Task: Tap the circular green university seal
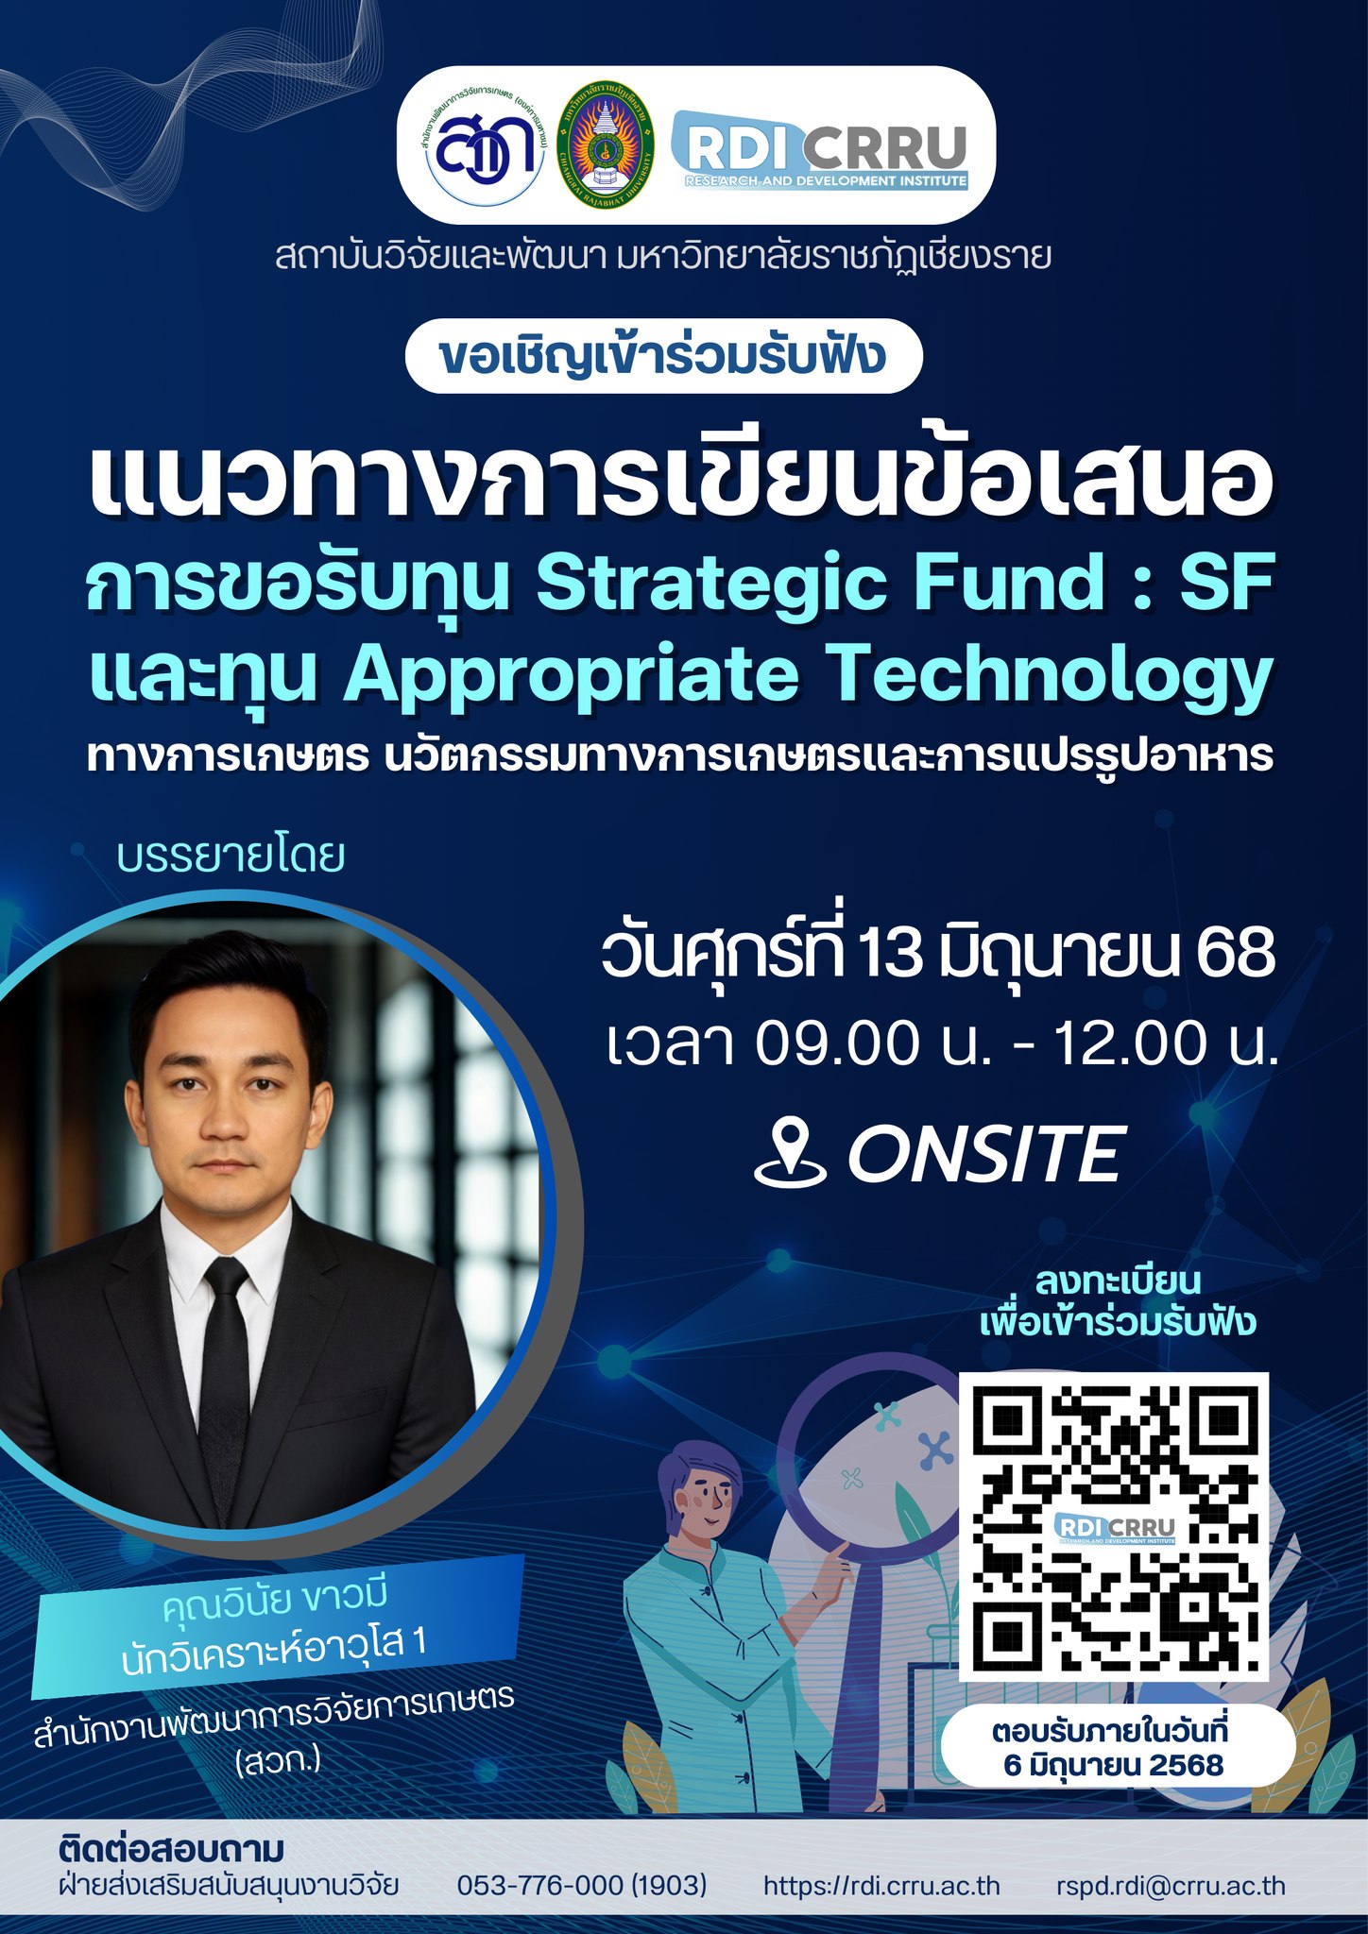pyautogui.click(x=606, y=144)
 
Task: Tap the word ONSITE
pyautogui.click(x=984, y=1153)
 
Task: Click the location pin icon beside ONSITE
pyautogui.click(x=791, y=1153)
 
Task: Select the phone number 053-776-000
pyautogui.click(x=539, y=1885)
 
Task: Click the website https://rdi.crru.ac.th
pyautogui.click(x=881, y=1886)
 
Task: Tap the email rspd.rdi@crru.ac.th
pyautogui.click(x=1171, y=1886)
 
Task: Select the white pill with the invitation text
pyautogui.click(x=663, y=356)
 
